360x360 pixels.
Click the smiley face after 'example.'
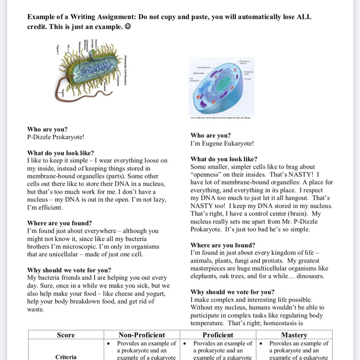(x=127, y=27)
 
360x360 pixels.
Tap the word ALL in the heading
(x=304, y=17)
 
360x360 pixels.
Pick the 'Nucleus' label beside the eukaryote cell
(x=247, y=79)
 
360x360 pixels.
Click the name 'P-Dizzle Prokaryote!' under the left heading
(x=56, y=137)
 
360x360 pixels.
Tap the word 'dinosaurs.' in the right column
(x=310, y=276)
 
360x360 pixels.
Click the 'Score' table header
(x=66, y=335)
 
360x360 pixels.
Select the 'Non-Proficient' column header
(x=142, y=335)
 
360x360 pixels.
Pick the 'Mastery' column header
(x=294, y=335)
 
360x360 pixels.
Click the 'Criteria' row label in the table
(x=66, y=357)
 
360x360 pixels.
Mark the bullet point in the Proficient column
(x=185, y=344)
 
